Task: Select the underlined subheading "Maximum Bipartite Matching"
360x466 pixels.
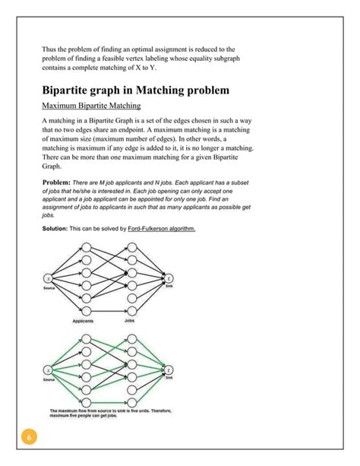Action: [91, 106]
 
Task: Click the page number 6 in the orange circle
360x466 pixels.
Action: [29, 439]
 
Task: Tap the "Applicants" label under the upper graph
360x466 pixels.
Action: [83, 322]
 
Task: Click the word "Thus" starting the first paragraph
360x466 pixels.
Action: [49, 49]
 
